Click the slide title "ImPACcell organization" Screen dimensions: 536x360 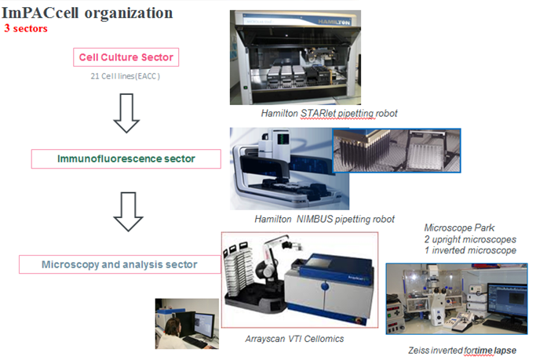coord(87,13)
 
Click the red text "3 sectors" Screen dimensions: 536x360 coord(26,28)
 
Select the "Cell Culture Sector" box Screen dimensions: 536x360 coord(126,57)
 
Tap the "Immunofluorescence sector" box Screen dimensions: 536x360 coord(126,158)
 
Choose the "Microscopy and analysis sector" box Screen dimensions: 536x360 coord(119,264)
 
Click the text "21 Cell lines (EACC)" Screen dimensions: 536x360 coord(125,76)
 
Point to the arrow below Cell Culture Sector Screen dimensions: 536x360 coord(126,113)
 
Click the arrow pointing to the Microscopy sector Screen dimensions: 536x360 coord(128,212)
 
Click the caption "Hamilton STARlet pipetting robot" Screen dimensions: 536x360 coord(329,114)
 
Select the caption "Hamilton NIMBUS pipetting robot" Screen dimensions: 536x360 coord(324,219)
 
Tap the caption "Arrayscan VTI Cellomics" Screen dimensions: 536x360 coord(294,339)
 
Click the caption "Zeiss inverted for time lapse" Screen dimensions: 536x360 coord(462,351)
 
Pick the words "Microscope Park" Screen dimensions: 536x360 coord(459,227)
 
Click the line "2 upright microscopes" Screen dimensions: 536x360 coord(470,239)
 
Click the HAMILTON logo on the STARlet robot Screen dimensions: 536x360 coord(334,22)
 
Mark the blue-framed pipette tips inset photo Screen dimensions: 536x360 coord(397,151)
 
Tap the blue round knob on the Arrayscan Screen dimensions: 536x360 coord(324,285)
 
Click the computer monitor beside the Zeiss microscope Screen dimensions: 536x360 coord(507,300)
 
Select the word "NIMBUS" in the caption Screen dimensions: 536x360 coord(315,219)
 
